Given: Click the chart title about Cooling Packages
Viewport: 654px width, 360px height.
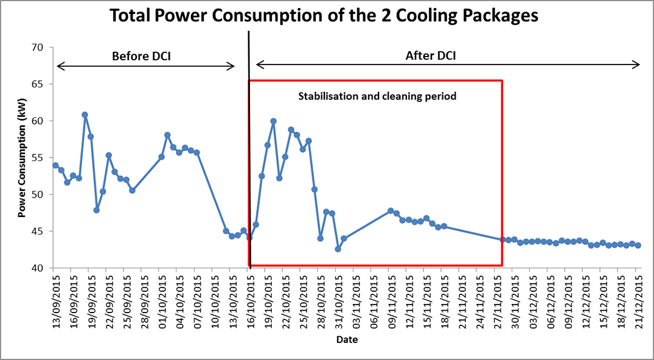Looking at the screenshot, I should point(324,16).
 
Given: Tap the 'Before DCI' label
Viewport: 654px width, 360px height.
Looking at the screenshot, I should point(141,57).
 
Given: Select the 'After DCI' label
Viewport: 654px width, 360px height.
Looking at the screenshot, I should point(431,57).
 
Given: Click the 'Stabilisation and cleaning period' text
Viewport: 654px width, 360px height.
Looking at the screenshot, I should point(377,96).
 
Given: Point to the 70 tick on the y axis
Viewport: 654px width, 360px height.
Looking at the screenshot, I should point(38,47).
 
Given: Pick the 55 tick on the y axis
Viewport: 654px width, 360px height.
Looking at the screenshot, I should point(38,157).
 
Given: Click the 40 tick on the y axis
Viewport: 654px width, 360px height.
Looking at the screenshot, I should point(38,268).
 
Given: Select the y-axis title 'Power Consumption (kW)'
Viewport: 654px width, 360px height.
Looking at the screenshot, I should point(21,158).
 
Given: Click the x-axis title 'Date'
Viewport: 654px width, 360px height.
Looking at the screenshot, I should point(347,339).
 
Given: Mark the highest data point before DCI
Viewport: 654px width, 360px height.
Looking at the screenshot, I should point(85,114).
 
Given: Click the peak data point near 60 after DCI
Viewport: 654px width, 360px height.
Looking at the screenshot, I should point(273,121).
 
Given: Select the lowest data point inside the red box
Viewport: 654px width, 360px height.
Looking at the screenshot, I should point(338,249).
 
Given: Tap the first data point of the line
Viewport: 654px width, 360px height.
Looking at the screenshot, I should point(55,165).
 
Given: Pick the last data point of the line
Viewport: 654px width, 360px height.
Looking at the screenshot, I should point(638,246).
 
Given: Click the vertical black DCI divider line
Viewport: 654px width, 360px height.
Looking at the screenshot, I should point(249,152).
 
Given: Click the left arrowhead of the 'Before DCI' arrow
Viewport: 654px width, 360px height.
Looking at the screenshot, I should point(59,66).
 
